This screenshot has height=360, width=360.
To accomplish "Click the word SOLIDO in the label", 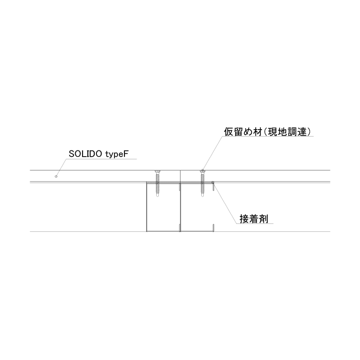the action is pos(85,154).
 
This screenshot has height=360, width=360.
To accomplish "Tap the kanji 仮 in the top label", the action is pos(229,132).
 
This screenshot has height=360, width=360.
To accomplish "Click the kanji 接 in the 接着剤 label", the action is pos(244,219).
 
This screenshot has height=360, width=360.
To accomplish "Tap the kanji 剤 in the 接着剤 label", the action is pos(263,219).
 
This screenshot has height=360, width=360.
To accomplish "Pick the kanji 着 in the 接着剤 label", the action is pos(254,219).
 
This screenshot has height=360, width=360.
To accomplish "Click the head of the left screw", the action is pos(157,172).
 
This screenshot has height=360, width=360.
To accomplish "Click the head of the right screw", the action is pos(202,172).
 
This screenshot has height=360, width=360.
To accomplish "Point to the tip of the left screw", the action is pos(157,196).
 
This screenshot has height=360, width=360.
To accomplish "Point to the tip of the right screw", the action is pos(202,196).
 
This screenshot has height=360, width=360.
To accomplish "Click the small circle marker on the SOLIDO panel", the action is pos(56,176).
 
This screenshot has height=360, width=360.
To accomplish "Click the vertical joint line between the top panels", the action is pos(180,176).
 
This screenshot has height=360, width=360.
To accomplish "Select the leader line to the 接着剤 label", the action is pos(225,203).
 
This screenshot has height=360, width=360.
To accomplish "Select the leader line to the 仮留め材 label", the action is pos(213,154).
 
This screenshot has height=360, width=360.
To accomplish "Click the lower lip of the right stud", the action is pos(213,228).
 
